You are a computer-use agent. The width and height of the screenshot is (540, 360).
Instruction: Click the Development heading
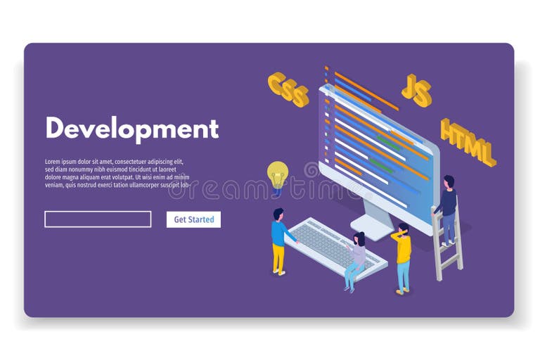(x=131, y=129)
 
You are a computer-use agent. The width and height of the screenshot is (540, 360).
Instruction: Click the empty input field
(x=98, y=219)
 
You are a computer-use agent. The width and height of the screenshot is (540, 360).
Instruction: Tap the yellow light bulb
(x=278, y=173)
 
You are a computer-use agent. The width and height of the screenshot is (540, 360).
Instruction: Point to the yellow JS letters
(x=416, y=90)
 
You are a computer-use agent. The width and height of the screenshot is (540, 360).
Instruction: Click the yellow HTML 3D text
(x=468, y=142)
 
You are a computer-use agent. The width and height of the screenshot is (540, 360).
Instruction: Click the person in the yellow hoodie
(x=402, y=257)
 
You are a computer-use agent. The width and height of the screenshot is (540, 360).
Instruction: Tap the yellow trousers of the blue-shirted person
(x=278, y=258)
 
